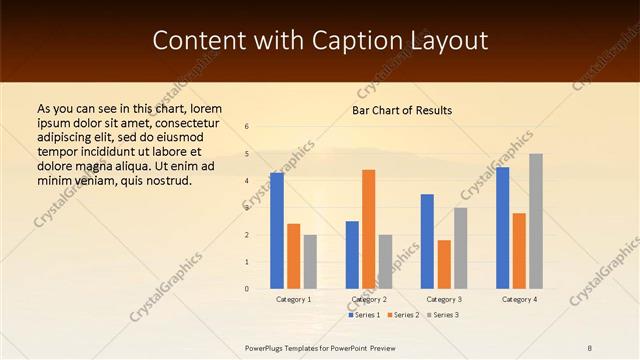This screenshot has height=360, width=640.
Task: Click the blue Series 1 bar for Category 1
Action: [277, 231]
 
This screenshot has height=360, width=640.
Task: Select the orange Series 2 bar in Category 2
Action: [369, 229]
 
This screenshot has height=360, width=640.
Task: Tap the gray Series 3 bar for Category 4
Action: [535, 221]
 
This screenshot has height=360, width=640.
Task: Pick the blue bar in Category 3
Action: [427, 241]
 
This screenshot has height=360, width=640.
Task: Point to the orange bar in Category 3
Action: [444, 264]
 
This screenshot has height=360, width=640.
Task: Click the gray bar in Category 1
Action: [310, 262]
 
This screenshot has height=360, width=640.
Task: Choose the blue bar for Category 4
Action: [502, 228]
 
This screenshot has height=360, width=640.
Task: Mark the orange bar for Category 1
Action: [293, 256]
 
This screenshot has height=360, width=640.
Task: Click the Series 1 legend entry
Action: [365, 315]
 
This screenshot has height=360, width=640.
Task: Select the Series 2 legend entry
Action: [403, 315]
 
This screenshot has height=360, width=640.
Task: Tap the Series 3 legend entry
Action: [442, 315]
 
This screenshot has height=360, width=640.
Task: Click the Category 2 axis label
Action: [369, 299]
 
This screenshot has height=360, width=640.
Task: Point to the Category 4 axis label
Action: [519, 299]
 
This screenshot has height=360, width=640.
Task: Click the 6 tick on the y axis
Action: [247, 126]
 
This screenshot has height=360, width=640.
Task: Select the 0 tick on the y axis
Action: [247, 289]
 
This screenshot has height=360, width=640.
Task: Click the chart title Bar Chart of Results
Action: [402, 110]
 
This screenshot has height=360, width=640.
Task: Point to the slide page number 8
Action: [590, 346]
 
